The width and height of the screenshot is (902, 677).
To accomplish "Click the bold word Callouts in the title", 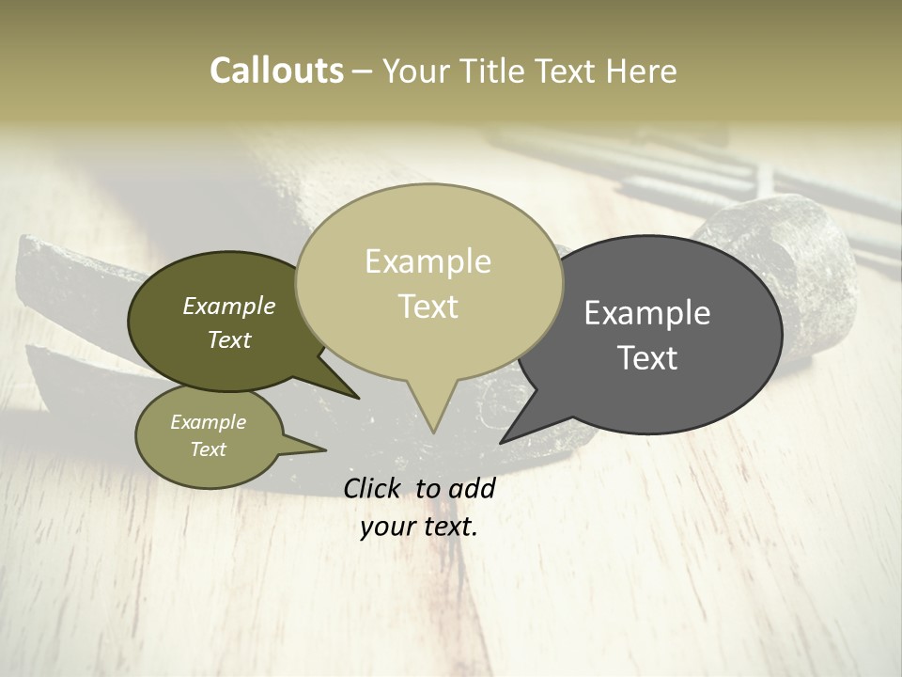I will point(276,71).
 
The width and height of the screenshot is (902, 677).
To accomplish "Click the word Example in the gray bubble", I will point(647,313).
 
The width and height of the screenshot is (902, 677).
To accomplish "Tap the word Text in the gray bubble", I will point(647,358).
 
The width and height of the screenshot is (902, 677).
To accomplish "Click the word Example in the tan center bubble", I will point(428,261).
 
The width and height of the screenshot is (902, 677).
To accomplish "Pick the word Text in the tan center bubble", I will point(428,307).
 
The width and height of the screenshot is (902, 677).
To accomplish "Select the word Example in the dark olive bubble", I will point(229,307).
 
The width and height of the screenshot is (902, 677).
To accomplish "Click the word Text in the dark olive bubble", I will point(229,339).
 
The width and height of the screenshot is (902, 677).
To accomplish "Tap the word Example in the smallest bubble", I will point(208,422).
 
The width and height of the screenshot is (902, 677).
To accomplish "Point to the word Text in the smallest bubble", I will point(208,449).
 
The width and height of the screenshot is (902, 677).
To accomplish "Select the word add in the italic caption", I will point(472,488).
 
